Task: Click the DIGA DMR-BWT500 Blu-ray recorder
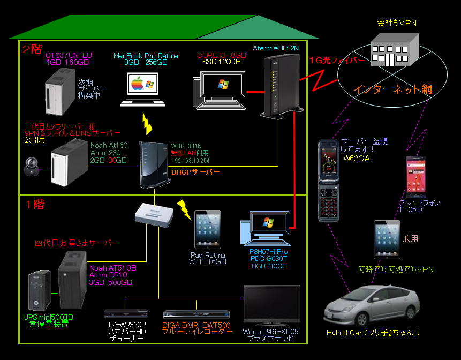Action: coord(196,314)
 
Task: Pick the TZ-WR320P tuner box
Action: coord(126,313)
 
